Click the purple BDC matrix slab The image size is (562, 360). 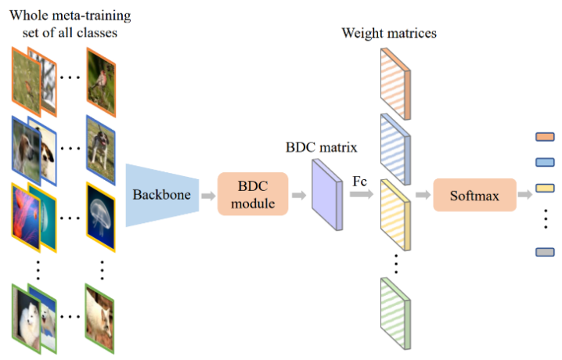click(326, 195)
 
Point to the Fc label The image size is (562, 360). click(360, 181)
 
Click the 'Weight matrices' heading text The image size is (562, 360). click(389, 33)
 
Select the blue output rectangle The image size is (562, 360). click(545, 163)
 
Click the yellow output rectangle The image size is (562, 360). click(545, 188)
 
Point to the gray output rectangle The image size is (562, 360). click(545, 252)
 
